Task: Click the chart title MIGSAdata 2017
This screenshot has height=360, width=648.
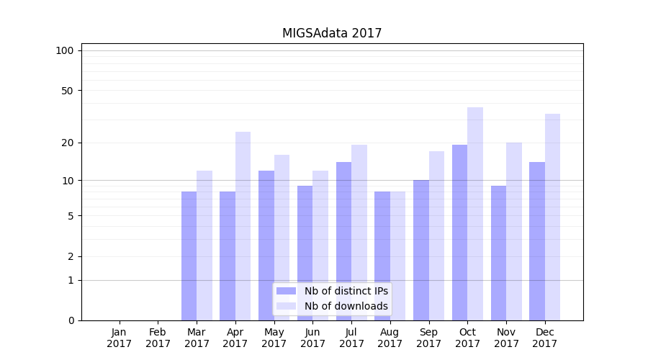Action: pos(332,33)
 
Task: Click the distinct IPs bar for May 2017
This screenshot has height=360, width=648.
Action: pos(266,246)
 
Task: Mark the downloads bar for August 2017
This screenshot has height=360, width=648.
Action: pos(397,256)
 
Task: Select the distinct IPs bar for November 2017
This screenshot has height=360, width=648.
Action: pos(498,253)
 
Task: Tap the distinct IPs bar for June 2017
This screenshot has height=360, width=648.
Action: pos(305,253)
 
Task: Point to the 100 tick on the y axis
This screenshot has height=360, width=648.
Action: pos(65,50)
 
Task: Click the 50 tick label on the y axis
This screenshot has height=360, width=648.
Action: pos(68,91)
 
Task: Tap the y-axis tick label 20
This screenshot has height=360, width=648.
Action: pos(68,143)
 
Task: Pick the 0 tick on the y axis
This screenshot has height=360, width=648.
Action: pos(71,320)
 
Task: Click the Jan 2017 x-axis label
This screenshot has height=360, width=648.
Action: pos(120,338)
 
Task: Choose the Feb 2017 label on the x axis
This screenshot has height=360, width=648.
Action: pos(158,338)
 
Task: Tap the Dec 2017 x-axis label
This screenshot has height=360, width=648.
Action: pos(545,338)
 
